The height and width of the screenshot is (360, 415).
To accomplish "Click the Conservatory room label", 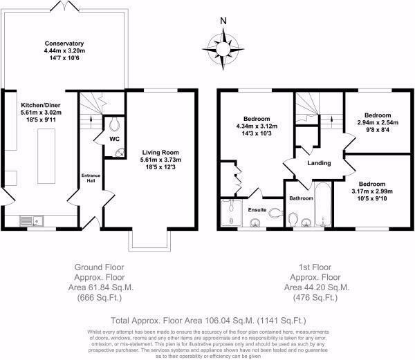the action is click(x=64, y=44).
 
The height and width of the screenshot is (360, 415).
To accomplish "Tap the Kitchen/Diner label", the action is click(x=41, y=105).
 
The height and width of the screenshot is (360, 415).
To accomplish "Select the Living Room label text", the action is click(x=160, y=153).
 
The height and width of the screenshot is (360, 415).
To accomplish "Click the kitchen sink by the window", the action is click(x=32, y=221).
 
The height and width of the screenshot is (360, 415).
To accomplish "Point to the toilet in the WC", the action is click(x=114, y=124).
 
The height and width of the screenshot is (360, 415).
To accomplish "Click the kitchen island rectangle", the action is click(x=46, y=156).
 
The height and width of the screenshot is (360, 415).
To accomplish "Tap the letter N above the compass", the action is click(x=223, y=21).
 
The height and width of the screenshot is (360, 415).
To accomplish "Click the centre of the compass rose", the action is click(x=223, y=49).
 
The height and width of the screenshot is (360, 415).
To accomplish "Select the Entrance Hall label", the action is click(x=91, y=178).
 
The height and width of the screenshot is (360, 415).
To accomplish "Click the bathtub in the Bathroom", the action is click(x=322, y=204).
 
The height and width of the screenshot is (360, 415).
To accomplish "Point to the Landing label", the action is click(x=319, y=163).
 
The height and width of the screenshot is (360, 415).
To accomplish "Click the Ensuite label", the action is click(x=257, y=210).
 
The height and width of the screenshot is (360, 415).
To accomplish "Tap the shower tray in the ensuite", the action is click(x=231, y=213).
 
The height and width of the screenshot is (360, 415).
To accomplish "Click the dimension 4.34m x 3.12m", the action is click(x=257, y=126).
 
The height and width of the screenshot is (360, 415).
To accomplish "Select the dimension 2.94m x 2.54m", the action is click(x=378, y=122).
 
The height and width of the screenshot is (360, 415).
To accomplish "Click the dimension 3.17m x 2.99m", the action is click(x=372, y=191).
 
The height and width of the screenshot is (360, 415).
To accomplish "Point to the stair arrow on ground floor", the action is click(x=91, y=120).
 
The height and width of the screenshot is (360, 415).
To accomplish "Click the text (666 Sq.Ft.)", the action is click(x=100, y=298).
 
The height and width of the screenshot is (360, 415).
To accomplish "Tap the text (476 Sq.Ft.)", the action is click(x=315, y=298).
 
